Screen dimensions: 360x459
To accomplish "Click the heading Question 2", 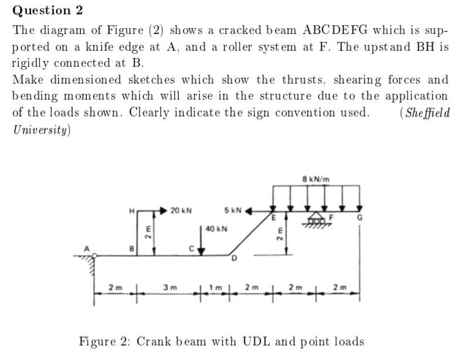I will coord(47,11).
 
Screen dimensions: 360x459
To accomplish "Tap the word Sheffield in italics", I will coord(427,113).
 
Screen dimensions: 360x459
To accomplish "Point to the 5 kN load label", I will coord(233,210).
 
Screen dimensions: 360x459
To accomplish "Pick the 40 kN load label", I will coord(217,229).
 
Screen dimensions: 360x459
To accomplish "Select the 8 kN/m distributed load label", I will coord(316,179).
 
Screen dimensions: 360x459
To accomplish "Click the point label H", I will coord(132,210).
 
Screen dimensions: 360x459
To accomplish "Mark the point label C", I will coord(191,249).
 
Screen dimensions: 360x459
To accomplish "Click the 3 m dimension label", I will coord(169,287).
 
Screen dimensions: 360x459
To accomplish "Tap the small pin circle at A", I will coord(96,256).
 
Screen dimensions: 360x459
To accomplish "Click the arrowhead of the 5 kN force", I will coord(249,209).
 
